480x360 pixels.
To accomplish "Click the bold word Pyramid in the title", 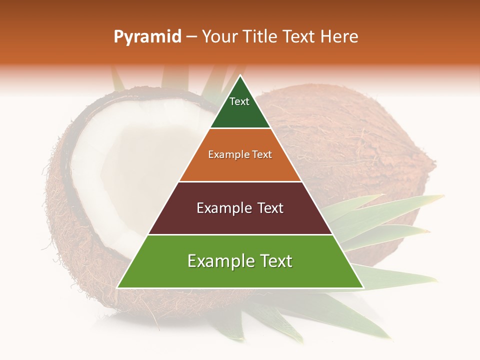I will coord(147,37).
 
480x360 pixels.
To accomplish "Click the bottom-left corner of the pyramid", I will coord(117,287).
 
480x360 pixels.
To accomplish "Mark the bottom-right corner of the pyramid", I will coord(363,287).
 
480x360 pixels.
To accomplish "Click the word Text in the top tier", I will coord(239,101).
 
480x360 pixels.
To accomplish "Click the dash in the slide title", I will coord(191,37).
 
